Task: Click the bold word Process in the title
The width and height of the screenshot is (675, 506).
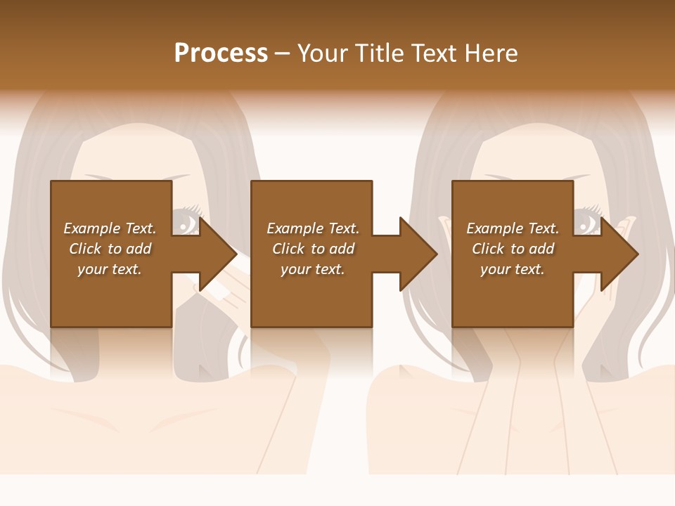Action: pos(221,53)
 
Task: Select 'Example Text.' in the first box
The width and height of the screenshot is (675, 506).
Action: pos(110,228)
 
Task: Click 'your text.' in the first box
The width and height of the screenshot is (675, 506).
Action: pos(110,269)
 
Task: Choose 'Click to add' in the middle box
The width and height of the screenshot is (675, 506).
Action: pos(313,249)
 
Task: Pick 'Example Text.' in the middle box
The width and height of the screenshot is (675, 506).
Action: pos(313,228)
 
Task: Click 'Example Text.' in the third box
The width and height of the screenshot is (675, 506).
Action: pos(513,228)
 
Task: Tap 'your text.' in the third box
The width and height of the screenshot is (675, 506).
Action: pos(513,269)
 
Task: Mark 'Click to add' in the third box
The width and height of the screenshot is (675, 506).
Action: pos(513,249)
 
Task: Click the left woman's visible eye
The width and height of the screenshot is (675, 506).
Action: pos(186,223)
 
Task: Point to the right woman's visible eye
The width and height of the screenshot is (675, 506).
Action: pos(587,223)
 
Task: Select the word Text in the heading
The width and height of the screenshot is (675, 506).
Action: pos(432,53)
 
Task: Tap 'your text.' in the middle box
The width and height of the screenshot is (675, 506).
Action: pos(313,269)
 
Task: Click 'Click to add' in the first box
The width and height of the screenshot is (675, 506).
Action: pos(110,249)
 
